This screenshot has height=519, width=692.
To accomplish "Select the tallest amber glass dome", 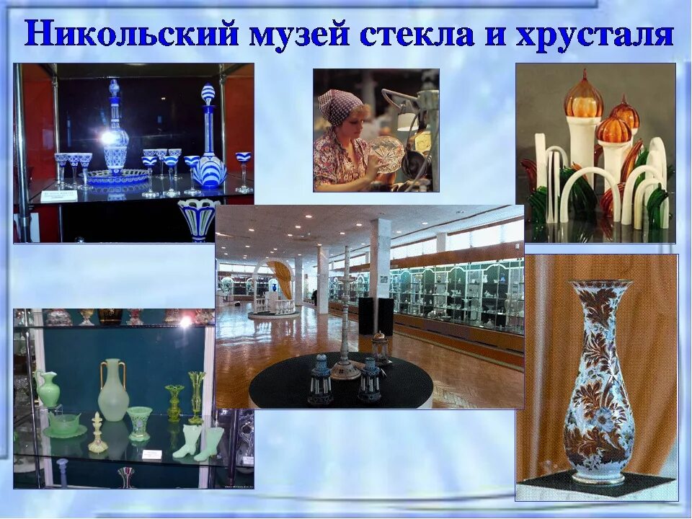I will [x=582, y=97].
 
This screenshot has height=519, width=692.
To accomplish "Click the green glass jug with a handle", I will [x=48, y=389].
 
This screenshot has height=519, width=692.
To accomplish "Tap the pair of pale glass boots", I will [x=198, y=441].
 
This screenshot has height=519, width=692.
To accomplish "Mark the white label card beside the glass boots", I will [x=152, y=454].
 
